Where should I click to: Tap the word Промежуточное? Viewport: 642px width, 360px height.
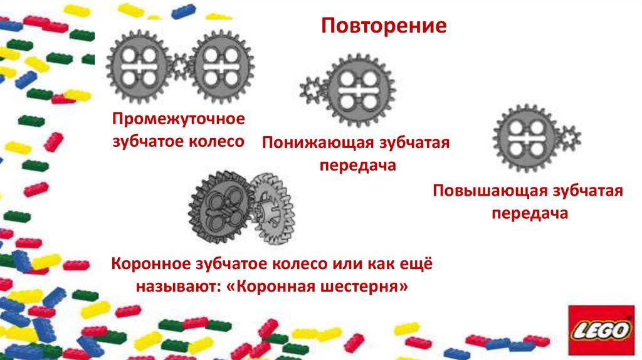(178, 119)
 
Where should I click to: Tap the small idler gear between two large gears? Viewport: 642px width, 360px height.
(181, 65)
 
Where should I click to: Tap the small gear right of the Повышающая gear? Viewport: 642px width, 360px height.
(570, 137)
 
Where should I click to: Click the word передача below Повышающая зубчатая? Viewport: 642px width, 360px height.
(529, 213)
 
